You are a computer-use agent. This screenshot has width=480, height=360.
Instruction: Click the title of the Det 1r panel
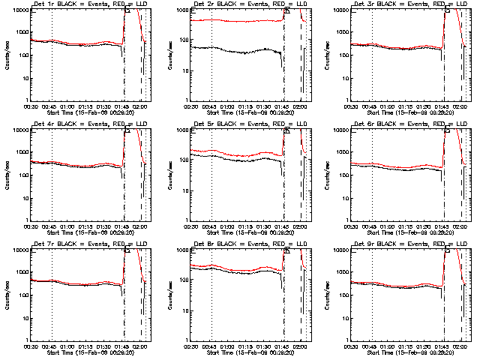click(x=88, y=5)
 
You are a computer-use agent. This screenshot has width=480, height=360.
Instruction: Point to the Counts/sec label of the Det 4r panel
click(x=7, y=174)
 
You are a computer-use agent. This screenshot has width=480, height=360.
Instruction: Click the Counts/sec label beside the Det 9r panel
click(x=327, y=294)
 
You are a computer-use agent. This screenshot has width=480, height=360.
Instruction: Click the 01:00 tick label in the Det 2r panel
click(x=228, y=105)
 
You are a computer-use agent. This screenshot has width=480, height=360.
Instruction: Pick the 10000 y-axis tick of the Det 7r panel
click(x=18, y=250)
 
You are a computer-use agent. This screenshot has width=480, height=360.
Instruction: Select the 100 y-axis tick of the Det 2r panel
click(x=181, y=55)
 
